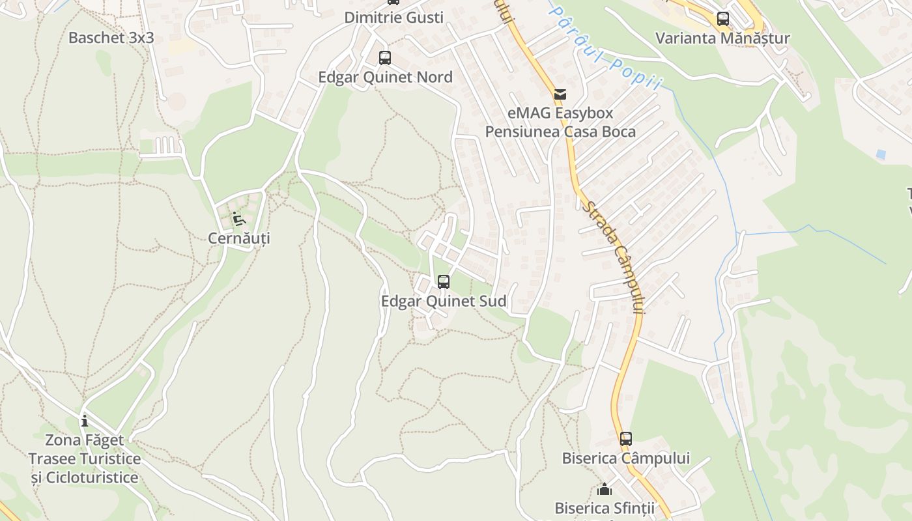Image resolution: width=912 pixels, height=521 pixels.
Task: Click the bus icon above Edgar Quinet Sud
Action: tap(444, 282)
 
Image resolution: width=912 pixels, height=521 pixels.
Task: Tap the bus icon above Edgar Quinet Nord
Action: tap(385, 58)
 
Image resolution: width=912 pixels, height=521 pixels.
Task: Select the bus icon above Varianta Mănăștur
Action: tap(723, 19)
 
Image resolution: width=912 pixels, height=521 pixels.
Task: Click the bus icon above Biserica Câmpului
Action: tap(626, 439)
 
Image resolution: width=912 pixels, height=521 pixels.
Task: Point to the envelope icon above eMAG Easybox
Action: tap(560, 94)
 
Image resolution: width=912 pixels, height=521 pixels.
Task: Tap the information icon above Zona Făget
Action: tap(84, 421)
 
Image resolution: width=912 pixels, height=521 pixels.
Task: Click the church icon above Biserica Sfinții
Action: tap(605, 488)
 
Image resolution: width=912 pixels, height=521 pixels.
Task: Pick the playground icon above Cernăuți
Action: tap(238, 219)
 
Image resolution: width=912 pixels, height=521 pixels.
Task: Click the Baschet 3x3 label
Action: tap(111, 37)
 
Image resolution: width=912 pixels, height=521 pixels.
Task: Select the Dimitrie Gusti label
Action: tap(393, 18)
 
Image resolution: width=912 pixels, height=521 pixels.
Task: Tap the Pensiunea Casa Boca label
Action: tap(560, 132)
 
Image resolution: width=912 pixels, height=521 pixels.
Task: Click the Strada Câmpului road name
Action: tap(612, 257)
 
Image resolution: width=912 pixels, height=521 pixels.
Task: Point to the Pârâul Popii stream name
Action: tap(605, 48)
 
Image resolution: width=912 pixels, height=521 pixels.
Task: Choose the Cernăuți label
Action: tap(239, 238)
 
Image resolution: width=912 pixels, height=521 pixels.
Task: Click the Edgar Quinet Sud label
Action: tap(444, 301)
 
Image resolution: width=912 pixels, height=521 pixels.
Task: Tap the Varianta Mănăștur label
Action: tap(722, 38)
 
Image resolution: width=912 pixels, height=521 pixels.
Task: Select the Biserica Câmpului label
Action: tap(626, 458)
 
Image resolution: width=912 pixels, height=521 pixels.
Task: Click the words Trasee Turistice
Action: tap(85, 458)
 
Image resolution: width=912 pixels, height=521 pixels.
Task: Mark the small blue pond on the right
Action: tap(881, 154)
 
